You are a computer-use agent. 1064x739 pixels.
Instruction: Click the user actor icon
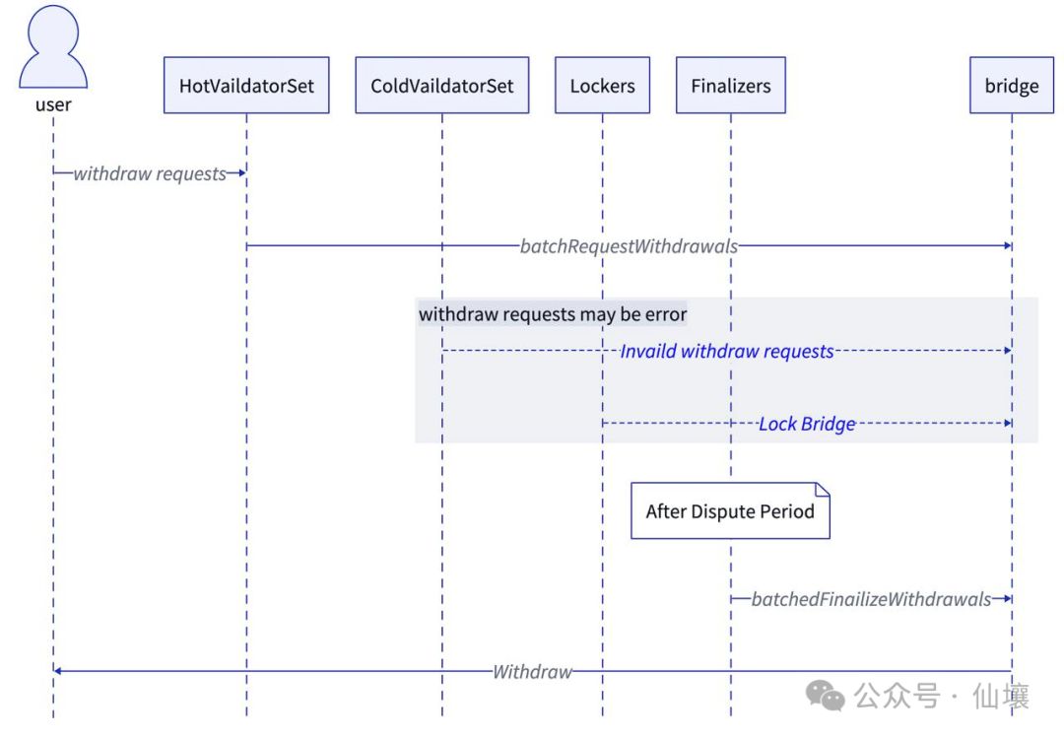[x=53, y=47]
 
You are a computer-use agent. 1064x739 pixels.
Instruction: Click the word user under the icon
[x=53, y=104]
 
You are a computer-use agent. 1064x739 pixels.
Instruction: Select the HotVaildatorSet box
[x=246, y=86]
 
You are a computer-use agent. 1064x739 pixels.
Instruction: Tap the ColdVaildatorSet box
[x=441, y=86]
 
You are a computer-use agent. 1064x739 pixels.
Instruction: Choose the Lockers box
[x=602, y=86]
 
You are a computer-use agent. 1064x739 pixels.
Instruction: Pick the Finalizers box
[x=730, y=86]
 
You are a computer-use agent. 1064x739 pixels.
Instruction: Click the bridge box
[x=1011, y=86]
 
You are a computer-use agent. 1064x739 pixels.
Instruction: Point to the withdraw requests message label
[x=150, y=173]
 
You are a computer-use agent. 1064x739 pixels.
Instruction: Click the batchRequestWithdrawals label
[x=629, y=246]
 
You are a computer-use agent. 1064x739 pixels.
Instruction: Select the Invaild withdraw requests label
[x=727, y=351]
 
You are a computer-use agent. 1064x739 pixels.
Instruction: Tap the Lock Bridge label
[x=806, y=424]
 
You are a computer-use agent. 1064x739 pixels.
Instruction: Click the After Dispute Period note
[x=730, y=511]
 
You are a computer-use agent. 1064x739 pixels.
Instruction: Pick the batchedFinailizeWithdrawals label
[x=871, y=599]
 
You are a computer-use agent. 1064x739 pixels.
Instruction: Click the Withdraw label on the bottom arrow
[x=532, y=672]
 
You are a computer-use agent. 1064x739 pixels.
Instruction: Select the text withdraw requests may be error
[x=553, y=314]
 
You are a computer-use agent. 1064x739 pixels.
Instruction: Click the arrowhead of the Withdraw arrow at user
[x=58, y=672]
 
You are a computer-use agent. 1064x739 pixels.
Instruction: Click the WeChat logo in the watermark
[x=826, y=698]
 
